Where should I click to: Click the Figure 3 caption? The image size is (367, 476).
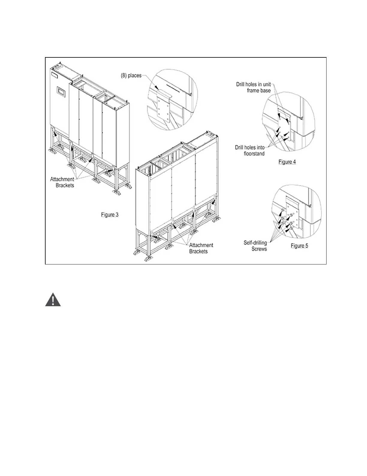(x=110, y=215)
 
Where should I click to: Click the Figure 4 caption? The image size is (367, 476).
(x=287, y=162)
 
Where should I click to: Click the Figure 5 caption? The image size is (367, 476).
(x=299, y=246)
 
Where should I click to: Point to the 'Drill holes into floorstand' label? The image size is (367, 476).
(x=250, y=150)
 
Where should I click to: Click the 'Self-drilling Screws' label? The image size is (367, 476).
(x=255, y=246)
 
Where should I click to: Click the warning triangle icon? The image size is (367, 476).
(x=53, y=300)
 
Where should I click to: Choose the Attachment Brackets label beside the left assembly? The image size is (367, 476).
(x=62, y=182)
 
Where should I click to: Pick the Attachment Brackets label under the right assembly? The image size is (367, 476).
(x=201, y=248)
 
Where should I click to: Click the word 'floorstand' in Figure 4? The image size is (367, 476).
(x=254, y=154)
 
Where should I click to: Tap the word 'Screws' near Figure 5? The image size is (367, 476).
(x=259, y=249)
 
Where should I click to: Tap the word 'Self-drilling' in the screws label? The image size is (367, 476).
(x=255, y=243)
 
